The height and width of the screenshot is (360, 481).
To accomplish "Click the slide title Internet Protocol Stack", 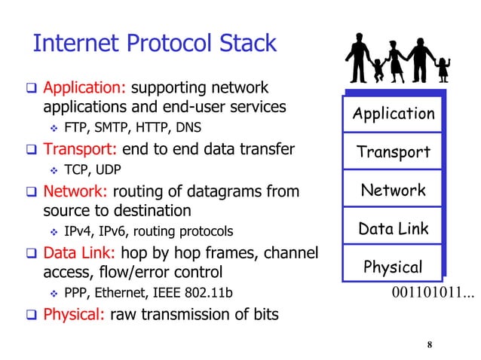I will point(155,43).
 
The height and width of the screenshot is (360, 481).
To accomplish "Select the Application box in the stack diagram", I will point(394,114).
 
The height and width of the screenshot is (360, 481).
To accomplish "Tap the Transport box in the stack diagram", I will point(394,152).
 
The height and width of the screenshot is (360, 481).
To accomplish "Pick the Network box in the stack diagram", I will point(394,190).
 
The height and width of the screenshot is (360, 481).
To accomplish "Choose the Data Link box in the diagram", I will point(394,228).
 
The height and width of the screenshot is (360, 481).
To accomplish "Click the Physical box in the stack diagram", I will point(394,267).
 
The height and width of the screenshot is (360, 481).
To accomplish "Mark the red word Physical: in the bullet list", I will point(74,313).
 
